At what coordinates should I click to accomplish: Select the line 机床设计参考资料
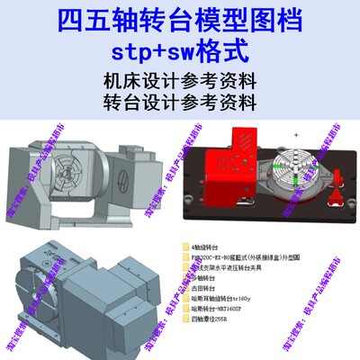(180, 78)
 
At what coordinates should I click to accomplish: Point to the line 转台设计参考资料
(180, 99)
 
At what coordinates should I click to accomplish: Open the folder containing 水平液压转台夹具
(229, 268)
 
